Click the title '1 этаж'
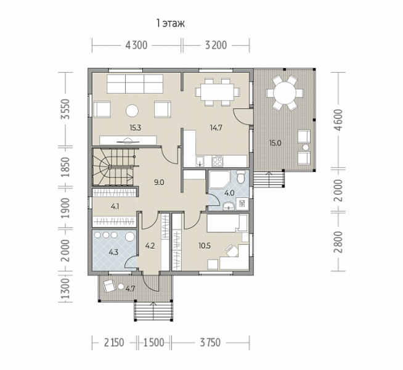pos(171,23)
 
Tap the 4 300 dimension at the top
pos(136,45)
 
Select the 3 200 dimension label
pos(216,45)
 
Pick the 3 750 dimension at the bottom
pos(210,342)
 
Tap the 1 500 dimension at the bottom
pos(153,342)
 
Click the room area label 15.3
pos(136,128)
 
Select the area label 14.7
pos(216,128)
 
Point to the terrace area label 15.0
pos(275,143)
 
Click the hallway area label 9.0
pos(159,183)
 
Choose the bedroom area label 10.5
pos(205,246)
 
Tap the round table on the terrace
pos(285,93)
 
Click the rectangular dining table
pos(218,92)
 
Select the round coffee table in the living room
pos(132,111)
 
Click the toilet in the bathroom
pos(241,177)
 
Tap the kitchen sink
pos(200,161)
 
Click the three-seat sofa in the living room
pos(135,84)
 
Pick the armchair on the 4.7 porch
pos(109,286)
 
